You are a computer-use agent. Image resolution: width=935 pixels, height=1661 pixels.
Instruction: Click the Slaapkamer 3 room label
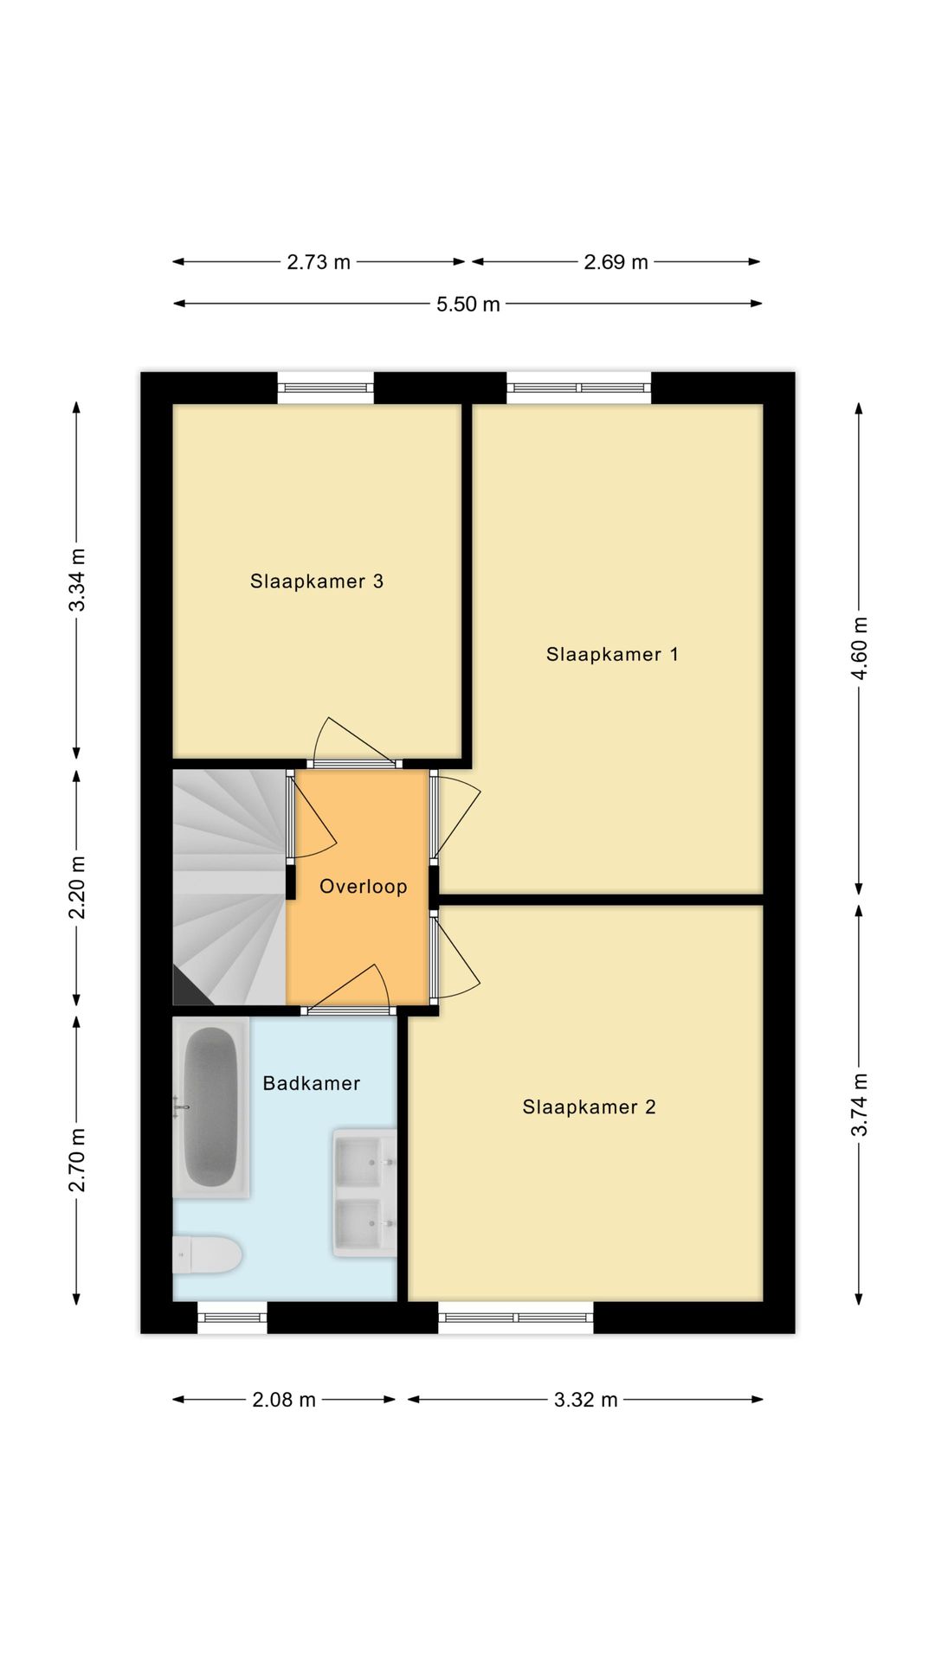pyautogui.click(x=317, y=581)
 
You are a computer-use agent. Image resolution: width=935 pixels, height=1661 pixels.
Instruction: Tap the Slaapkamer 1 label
pyautogui.click(x=612, y=655)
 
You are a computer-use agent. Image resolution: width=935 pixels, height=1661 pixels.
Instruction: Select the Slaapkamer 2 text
pyautogui.click(x=589, y=1107)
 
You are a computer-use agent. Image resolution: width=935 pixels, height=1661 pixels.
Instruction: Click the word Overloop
pyautogui.click(x=363, y=887)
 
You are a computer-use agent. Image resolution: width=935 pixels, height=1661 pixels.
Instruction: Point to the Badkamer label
pyautogui.click(x=311, y=1083)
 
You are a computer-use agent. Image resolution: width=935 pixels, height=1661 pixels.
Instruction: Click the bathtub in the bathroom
pyautogui.click(x=210, y=1107)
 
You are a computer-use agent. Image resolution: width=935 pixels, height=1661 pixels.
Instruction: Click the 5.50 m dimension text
pyautogui.click(x=467, y=305)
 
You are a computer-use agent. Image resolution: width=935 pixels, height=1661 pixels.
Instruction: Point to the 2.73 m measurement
pyautogui.click(x=319, y=262)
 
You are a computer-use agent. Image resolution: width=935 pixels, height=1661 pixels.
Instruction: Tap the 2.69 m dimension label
pyautogui.click(x=616, y=262)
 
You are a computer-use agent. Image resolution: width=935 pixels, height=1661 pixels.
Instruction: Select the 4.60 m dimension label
pyautogui.click(x=860, y=648)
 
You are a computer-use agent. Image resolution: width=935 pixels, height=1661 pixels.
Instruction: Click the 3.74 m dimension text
pyautogui.click(x=860, y=1105)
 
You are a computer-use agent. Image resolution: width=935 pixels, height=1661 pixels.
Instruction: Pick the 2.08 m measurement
pyautogui.click(x=284, y=1400)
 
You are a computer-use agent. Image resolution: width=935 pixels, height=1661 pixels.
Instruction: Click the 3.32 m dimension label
pyautogui.click(x=585, y=1400)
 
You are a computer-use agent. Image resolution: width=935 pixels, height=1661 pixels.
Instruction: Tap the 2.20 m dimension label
pyautogui.click(x=77, y=888)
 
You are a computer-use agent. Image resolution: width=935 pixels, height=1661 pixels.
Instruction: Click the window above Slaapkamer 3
pyautogui.click(x=326, y=388)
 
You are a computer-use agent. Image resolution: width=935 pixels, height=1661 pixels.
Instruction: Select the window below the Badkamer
pyautogui.click(x=232, y=1317)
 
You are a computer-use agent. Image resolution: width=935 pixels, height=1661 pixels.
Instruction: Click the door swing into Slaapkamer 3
pyautogui.click(x=351, y=742)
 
